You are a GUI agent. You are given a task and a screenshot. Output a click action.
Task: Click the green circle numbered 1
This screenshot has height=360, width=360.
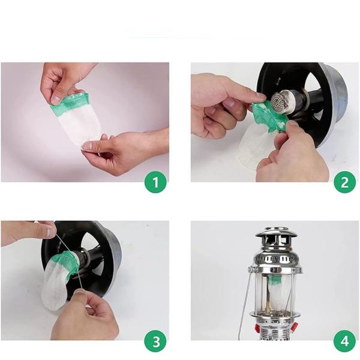coord(155,182)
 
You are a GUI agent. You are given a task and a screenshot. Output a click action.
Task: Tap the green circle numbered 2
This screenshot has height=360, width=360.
coord(344,182)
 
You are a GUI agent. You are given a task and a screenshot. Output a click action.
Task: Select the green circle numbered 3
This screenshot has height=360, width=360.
coord(155,341)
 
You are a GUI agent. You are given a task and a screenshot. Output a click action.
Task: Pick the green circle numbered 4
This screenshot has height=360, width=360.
coord(344,341)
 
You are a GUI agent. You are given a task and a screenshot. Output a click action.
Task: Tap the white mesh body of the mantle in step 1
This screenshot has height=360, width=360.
coord(79,125)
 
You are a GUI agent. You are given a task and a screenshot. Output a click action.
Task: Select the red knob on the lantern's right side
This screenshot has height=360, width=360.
coord(295,326)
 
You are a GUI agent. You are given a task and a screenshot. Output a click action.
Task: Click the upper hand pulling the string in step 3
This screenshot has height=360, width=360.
coord(28,232)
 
